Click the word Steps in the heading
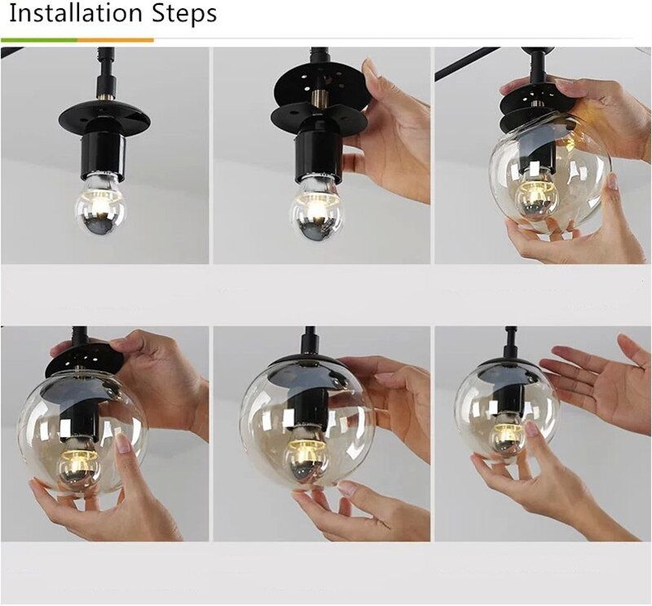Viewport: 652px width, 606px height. (x=184, y=14)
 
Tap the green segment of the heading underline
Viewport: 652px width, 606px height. (x=39, y=40)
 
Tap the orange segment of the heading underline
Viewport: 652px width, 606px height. (x=116, y=40)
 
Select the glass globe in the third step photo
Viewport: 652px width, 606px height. (x=550, y=181)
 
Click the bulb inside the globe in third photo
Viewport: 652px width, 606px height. (x=537, y=197)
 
